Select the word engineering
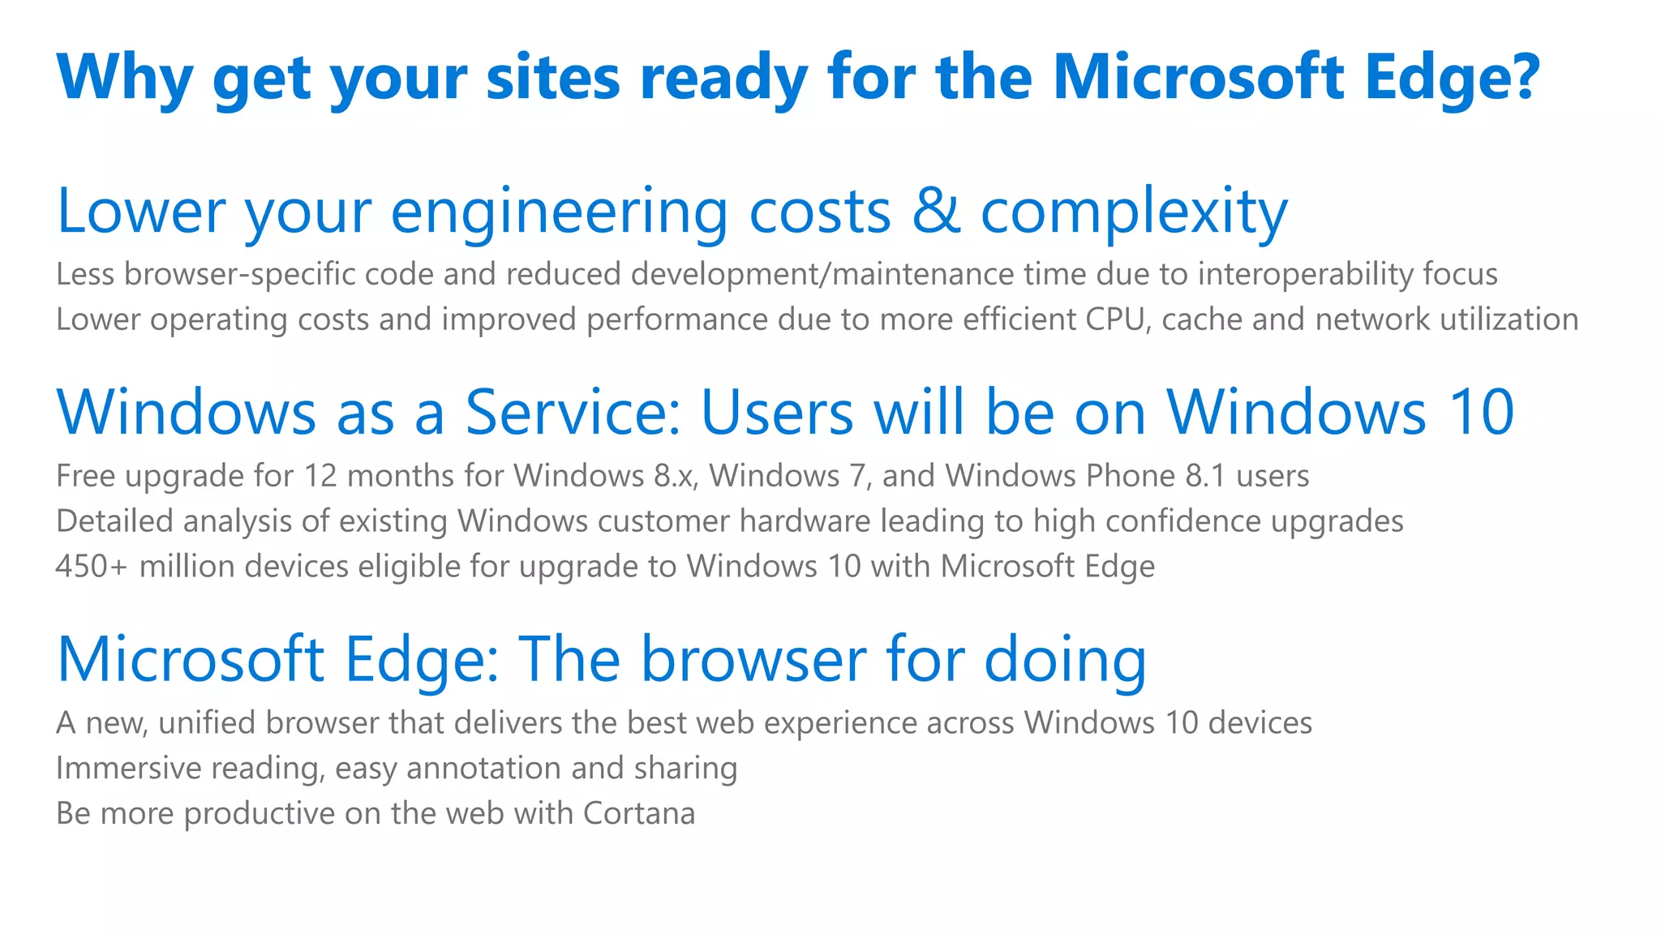click(x=559, y=212)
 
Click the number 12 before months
click(x=320, y=476)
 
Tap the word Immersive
click(x=128, y=768)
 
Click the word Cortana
click(x=638, y=813)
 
